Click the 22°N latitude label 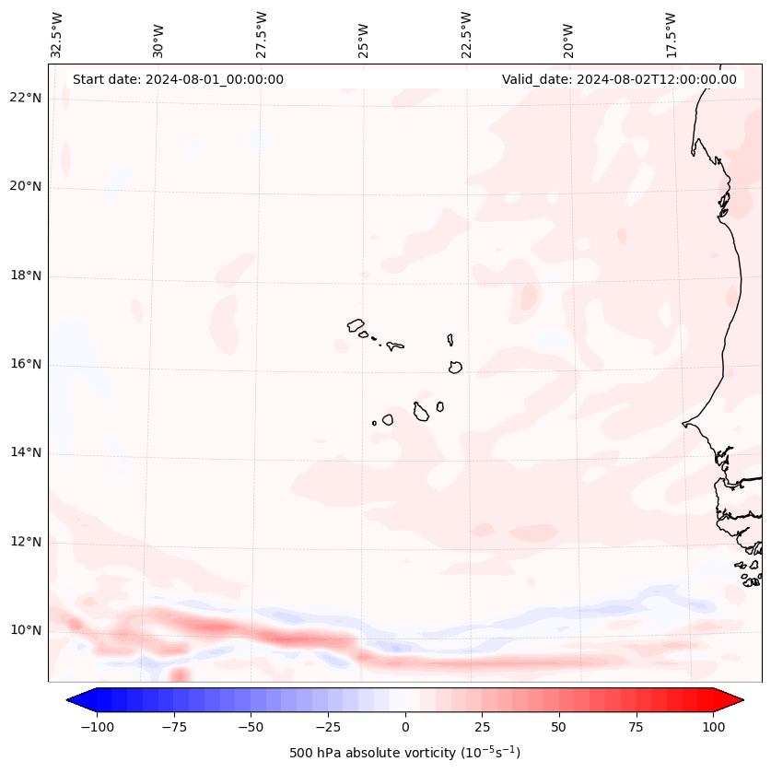click(x=25, y=98)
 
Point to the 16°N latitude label click(x=25, y=364)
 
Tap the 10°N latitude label click(x=25, y=630)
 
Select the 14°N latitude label click(x=25, y=452)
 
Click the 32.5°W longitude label click(x=57, y=34)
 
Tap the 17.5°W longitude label click(x=671, y=34)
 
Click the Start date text click(x=178, y=79)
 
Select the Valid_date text click(x=619, y=79)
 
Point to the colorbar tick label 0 click(x=405, y=727)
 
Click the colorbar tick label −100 click(x=97, y=727)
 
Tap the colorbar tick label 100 click(x=713, y=727)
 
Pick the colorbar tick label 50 click(x=559, y=727)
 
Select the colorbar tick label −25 click(x=327, y=727)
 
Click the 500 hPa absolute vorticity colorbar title click(x=405, y=753)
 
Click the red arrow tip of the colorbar click(x=734, y=701)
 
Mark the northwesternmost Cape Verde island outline click(x=356, y=325)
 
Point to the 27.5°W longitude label click(x=262, y=34)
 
